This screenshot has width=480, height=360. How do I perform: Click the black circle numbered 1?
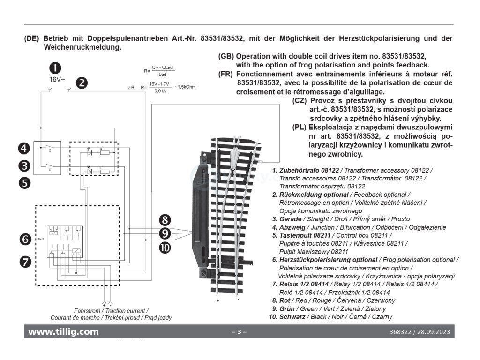tap(56, 68)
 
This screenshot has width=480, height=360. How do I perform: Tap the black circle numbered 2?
tap(82, 83)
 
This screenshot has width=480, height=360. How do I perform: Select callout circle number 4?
tap(25, 150)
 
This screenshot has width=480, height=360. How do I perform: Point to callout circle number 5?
tap(25, 181)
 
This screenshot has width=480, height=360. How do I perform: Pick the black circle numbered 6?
tap(25, 239)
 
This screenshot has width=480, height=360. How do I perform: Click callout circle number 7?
tap(25, 261)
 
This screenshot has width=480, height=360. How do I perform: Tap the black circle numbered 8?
tap(164, 219)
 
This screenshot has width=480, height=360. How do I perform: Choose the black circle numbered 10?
tap(164, 248)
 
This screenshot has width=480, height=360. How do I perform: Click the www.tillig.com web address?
tap(64, 332)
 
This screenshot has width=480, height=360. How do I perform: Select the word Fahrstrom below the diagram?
tap(88, 311)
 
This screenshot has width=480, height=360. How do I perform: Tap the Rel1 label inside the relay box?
tap(41, 239)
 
